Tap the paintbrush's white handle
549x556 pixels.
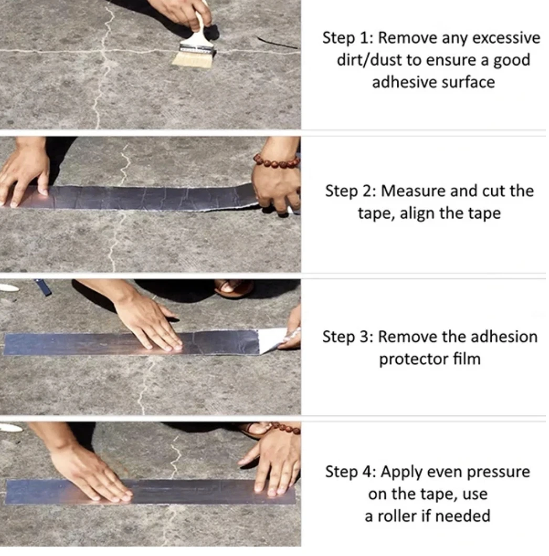(x=200, y=29)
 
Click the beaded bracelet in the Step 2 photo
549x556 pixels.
(x=277, y=162)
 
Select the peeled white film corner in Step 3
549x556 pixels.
(x=272, y=339)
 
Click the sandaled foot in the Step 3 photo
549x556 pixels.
(x=234, y=288)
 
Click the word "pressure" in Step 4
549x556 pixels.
(x=498, y=472)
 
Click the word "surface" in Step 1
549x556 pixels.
(x=469, y=82)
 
